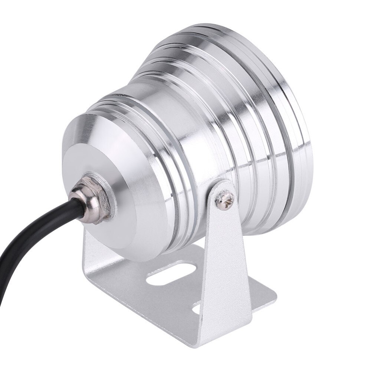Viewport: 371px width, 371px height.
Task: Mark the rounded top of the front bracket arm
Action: tap(223, 184)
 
